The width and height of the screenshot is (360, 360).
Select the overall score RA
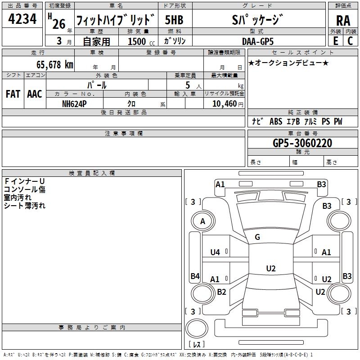point(343,20)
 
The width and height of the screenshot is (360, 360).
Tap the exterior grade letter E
point(336,40)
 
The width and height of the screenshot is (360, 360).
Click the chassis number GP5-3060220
point(302,144)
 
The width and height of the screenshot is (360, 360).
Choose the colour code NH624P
point(75,103)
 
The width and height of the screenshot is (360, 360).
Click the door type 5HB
point(174,20)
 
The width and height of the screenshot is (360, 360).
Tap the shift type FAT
point(13,94)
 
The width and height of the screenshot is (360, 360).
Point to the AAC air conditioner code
point(35,94)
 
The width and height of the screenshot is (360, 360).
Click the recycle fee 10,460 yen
point(224,103)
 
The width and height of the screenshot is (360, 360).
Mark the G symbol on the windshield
point(257,237)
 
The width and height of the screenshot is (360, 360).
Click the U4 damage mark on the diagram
point(215,252)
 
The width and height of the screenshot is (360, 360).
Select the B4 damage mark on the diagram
point(195,276)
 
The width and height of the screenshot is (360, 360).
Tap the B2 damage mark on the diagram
point(221,292)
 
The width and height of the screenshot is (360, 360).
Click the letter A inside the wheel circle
point(202,221)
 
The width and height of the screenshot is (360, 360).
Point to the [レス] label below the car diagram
point(196,345)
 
